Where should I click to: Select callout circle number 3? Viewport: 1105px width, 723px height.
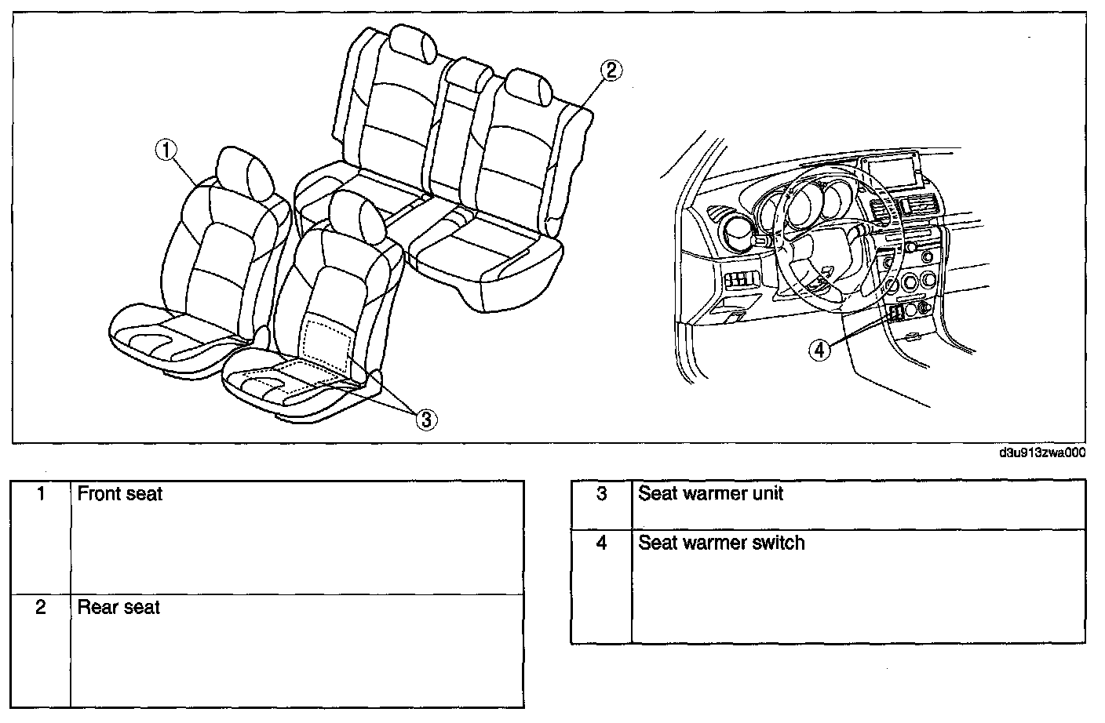(425, 420)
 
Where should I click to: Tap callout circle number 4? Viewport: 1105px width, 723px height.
(819, 350)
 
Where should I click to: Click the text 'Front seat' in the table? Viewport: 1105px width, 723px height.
(120, 494)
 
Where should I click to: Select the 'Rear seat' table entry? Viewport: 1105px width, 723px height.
(119, 607)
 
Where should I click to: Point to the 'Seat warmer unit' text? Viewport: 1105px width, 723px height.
(710, 494)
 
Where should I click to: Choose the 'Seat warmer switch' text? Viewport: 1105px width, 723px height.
(721, 543)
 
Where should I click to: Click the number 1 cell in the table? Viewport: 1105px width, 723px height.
(42, 494)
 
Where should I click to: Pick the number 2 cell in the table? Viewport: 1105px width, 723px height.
(42, 607)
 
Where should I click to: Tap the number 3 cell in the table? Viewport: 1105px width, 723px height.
(602, 494)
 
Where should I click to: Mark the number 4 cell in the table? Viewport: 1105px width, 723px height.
(602, 543)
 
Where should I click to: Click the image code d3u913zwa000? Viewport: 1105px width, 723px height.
(1041, 453)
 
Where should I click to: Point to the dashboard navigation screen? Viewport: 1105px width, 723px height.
(892, 170)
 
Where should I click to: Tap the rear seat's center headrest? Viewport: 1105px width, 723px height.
(469, 74)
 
